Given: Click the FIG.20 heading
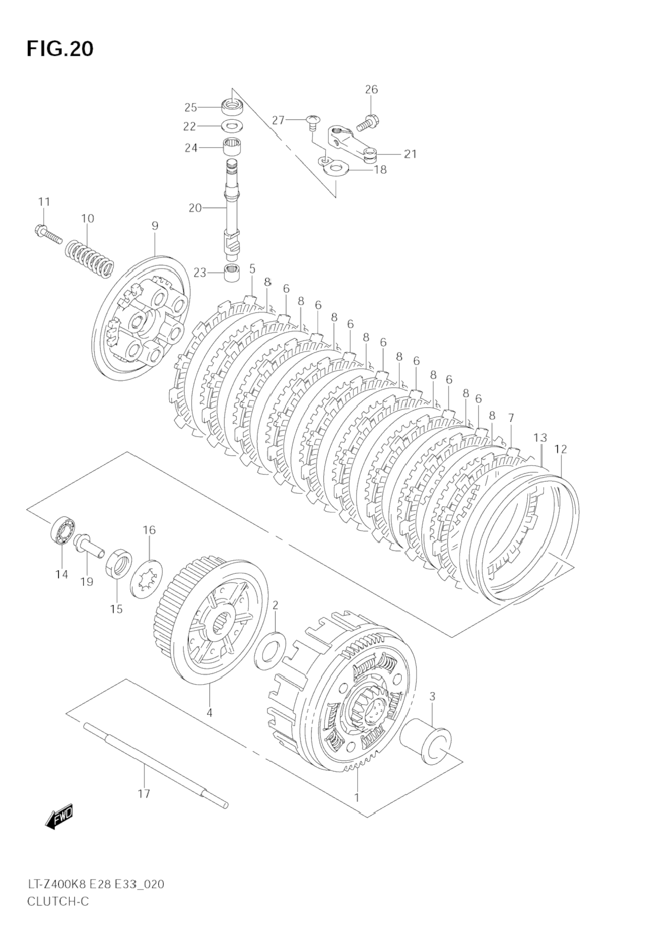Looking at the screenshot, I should tap(60, 49).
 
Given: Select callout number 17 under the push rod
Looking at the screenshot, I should tap(144, 793).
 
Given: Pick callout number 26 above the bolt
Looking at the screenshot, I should tap(371, 90).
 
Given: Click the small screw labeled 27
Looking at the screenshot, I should tap(311, 122).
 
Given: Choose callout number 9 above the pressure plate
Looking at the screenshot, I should tap(155, 226).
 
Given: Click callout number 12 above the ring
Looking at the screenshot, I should tap(561, 449).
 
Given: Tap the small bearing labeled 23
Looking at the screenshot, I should tap(232, 273).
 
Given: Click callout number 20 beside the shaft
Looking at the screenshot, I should tap(195, 208).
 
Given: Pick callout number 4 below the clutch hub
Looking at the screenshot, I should tap(209, 713).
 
